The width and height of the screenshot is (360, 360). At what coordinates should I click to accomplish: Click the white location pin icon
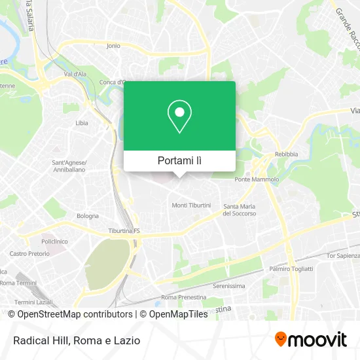(x=179, y=117)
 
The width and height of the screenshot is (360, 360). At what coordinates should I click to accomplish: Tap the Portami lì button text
(x=179, y=160)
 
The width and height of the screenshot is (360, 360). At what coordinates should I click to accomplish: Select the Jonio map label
(x=113, y=46)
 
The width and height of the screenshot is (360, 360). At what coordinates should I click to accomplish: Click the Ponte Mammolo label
(x=257, y=179)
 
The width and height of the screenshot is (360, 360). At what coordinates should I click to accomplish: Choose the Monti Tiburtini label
(x=191, y=206)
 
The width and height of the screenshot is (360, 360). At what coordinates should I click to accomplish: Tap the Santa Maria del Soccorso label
(x=238, y=209)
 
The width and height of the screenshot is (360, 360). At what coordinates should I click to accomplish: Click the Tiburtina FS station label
(x=124, y=231)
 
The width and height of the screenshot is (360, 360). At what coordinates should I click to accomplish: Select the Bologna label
(x=87, y=215)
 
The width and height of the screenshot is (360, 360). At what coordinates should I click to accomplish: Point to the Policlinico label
(x=54, y=241)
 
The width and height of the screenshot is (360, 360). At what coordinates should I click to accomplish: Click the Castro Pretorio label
(x=29, y=253)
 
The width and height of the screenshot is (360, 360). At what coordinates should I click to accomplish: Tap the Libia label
(x=82, y=122)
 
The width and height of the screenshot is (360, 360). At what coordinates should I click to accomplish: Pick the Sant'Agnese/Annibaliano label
(x=69, y=166)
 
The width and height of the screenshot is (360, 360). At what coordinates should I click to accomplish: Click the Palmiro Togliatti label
(x=291, y=269)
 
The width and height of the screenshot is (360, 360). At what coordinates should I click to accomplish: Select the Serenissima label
(x=229, y=286)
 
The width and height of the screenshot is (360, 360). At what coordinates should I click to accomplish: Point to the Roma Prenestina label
(x=178, y=297)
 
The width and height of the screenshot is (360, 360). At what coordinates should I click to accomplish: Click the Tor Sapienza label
(x=343, y=255)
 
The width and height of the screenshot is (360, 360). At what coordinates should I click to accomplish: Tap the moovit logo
(x=310, y=339)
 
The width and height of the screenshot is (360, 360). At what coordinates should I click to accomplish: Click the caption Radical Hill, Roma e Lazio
(x=75, y=340)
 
